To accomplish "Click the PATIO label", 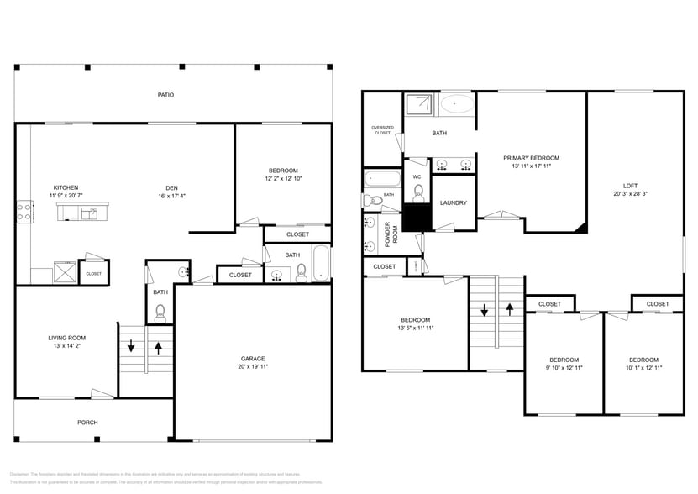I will (165, 95).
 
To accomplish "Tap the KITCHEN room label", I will (42, 187).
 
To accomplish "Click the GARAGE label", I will (253, 359).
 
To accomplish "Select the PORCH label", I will (87, 423).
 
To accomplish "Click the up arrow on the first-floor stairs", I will (159, 346).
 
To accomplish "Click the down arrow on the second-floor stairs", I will (484, 310).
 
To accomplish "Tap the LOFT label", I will (630, 186).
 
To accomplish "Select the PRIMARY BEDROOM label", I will (531, 158).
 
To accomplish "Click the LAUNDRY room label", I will (453, 202).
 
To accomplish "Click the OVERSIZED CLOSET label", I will (382, 130).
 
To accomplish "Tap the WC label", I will (417, 176).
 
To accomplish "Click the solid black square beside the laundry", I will (416, 218).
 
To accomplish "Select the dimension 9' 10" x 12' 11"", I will (564, 367).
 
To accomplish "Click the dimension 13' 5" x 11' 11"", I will (415, 328).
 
